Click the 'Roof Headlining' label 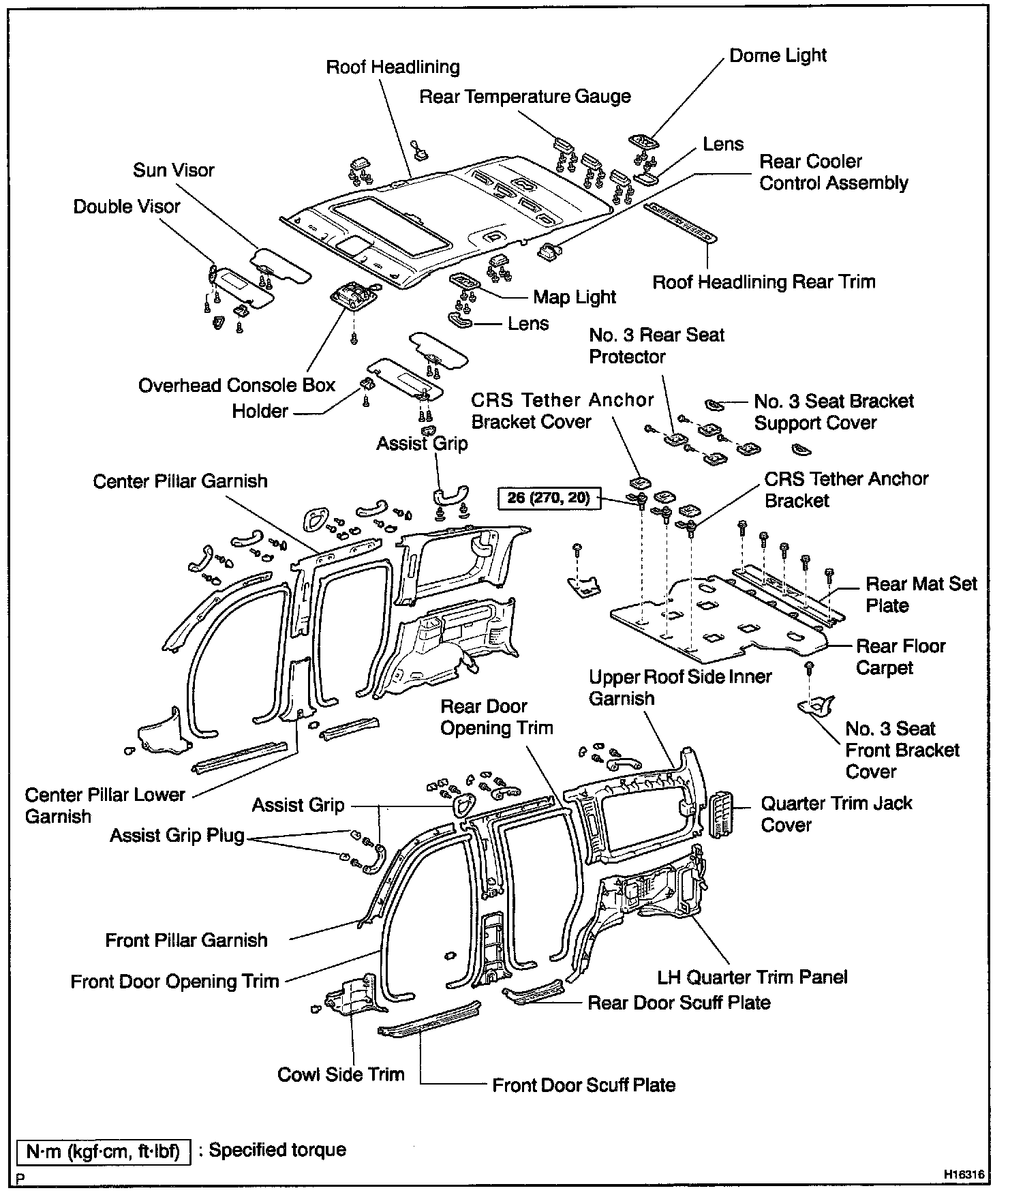(x=393, y=67)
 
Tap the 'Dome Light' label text (x=778, y=55)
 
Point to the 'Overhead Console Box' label (x=236, y=385)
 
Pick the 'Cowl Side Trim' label (x=341, y=1074)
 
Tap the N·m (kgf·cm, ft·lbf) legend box (x=103, y=1151)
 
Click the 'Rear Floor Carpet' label (x=900, y=656)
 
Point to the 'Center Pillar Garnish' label (x=180, y=481)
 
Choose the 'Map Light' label (x=574, y=297)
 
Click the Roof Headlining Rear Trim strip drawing (x=680, y=222)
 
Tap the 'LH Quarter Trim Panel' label (x=752, y=977)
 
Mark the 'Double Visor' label (x=127, y=207)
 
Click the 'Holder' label (x=260, y=411)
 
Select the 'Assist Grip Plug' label (x=177, y=835)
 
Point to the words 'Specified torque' (x=277, y=1150)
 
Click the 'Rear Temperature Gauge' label (x=525, y=97)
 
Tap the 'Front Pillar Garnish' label (x=186, y=941)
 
